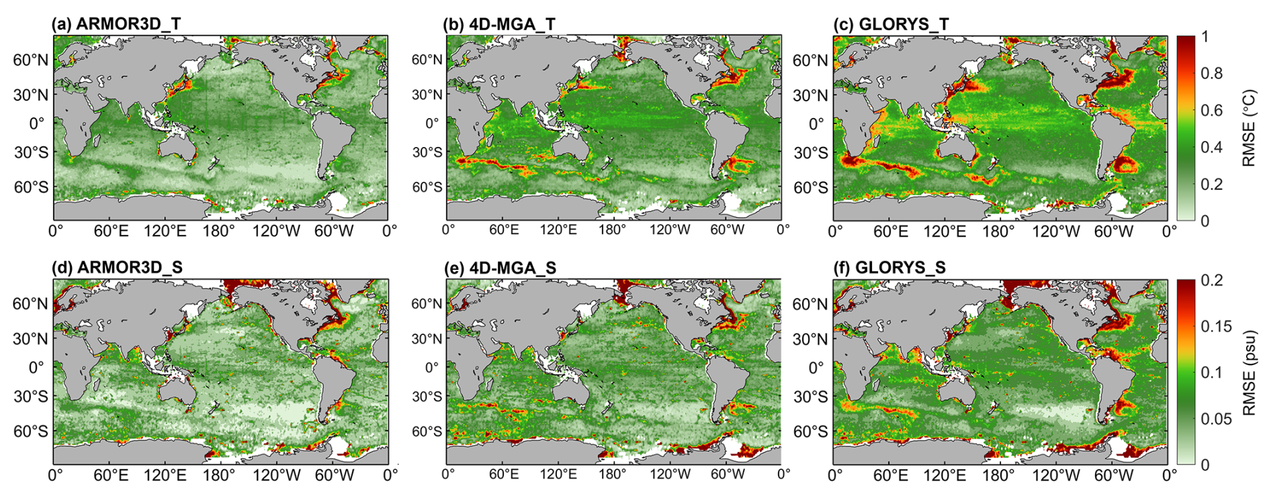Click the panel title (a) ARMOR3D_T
(x=116, y=25)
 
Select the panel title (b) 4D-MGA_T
(x=499, y=25)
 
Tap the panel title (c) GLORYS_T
(x=891, y=25)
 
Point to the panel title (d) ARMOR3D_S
(x=117, y=268)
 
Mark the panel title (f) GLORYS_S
(x=889, y=268)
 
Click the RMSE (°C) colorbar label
(x=1249, y=128)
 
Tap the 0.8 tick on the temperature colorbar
(x=1211, y=73)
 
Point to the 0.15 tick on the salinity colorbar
(x=1216, y=326)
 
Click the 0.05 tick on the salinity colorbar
(x=1216, y=419)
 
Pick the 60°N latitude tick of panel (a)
(x=31, y=60)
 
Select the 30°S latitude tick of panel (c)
(x=811, y=152)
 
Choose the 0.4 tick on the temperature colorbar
(x=1211, y=147)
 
